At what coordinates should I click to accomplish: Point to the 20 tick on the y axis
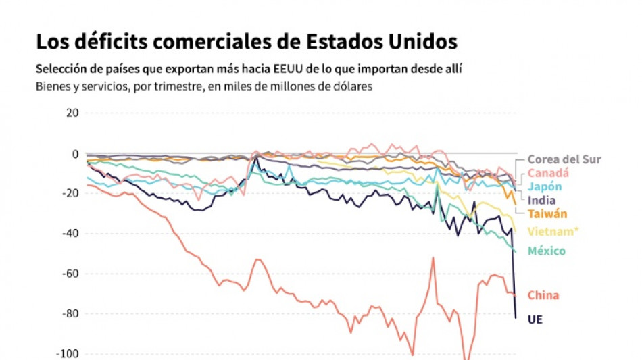pos(72,113)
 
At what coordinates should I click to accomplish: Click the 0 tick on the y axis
pos(76,153)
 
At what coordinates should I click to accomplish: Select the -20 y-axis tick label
pos(71,193)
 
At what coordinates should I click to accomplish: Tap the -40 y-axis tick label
pos(71,234)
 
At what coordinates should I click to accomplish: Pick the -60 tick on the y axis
pos(71,274)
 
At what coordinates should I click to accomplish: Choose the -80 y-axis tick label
pos(71,313)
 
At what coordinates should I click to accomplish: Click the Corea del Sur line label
pos(564,159)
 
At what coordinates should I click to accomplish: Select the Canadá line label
pos(549,173)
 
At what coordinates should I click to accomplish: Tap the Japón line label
pos(545,187)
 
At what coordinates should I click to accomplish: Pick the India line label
pos(541,200)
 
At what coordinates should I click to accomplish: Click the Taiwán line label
pos(547,214)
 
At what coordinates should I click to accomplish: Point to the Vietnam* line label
pos(553,232)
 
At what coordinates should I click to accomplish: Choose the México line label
pos(547,251)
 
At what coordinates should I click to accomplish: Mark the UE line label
pos(535,319)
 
